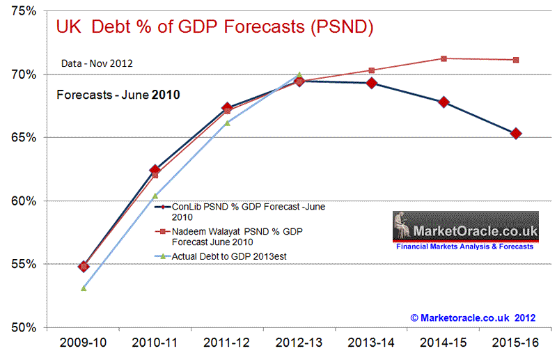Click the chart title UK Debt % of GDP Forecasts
point(214,28)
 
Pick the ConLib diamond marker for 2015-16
point(516,134)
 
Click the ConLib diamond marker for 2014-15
point(444,102)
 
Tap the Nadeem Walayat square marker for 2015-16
point(516,60)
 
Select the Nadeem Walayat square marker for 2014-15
point(444,58)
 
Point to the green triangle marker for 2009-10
point(84,288)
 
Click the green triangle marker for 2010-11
point(155,196)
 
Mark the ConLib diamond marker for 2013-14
point(372,84)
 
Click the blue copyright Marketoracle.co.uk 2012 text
point(473,317)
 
